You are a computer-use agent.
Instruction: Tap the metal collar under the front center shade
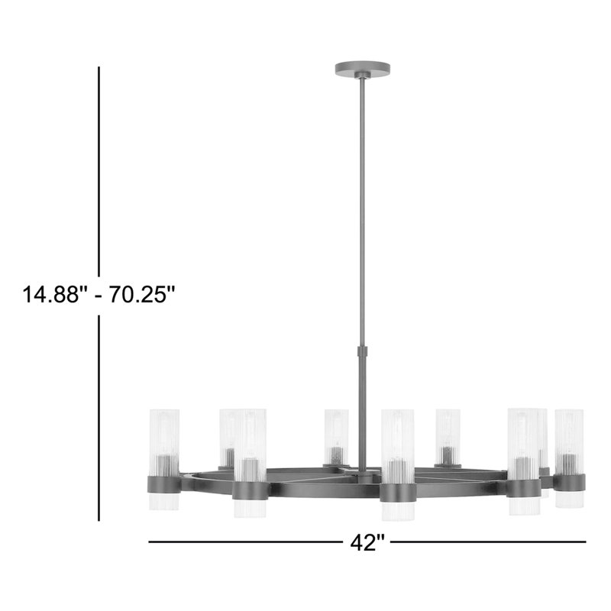point(397,492)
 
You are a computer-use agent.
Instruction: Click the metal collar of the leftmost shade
point(163,483)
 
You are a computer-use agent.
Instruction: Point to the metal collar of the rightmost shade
point(569,483)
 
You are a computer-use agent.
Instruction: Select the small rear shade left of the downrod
point(335,434)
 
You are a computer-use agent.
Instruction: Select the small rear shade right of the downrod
point(448,434)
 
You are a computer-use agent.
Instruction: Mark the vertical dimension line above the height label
point(99,168)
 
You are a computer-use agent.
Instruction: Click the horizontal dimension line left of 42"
point(244,542)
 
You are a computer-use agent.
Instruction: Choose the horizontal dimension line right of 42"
point(489,542)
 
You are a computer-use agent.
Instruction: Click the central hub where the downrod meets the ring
point(361,475)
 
